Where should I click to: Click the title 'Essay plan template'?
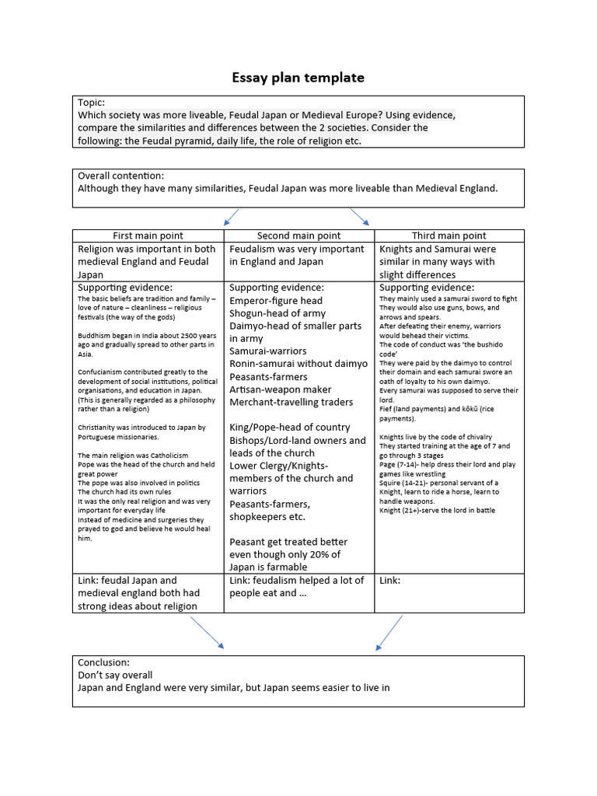(x=298, y=78)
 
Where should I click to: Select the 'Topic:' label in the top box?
(x=91, y=103)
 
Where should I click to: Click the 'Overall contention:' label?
(x=120, y=176)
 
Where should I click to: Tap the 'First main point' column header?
(x=148, y=236)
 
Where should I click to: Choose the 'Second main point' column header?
(x=298, y=236)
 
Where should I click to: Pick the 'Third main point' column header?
(x=449, y=236)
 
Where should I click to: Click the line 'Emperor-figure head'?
(x=275, y=300)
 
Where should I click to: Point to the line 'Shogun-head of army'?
(x=278, y=313)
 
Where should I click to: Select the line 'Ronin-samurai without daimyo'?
(x=298, y=364)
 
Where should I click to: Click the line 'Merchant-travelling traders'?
(x=291, y=402)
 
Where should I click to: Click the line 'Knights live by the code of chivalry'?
(x=435, y=437)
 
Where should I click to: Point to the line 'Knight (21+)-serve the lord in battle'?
(x=437, y=511)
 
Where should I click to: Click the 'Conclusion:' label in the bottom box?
(x=104, y=662)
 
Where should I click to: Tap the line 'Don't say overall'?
(x=115, y=675)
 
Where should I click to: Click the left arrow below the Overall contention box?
(x=230, y=217)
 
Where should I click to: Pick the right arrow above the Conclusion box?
(x=389, y=632)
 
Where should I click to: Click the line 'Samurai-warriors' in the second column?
(x=267, y=351)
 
